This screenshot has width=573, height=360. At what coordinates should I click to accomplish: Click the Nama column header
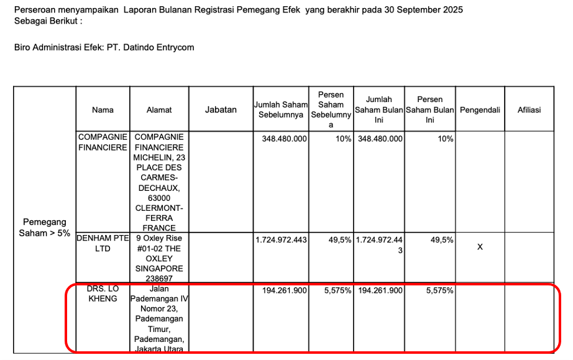click(x=103, y=109)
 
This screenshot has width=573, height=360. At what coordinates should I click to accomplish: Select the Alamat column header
click(x=159, y=109)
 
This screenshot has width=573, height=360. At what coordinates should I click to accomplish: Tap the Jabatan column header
click(x=221, y=109)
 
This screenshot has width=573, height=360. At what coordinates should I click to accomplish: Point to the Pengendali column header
click(x=480, y=109)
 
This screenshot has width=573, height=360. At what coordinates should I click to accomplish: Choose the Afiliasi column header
click(x=529, y=109)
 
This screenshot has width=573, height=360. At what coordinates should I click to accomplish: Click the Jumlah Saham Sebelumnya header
click(x=281, y=109)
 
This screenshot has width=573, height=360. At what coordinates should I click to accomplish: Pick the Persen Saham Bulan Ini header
click(x=429, y=109)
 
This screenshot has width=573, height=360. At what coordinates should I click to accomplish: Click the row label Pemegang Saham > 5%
click(x=45, y=228)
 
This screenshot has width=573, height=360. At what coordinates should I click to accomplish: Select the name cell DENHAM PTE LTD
click(x=103, y=243)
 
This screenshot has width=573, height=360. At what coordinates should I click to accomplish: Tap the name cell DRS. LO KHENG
click(x=103, y=294)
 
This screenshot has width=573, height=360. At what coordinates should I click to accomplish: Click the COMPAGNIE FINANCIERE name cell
click(x=103, y=142)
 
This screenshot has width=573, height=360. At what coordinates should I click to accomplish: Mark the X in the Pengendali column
click(x=480, y=247)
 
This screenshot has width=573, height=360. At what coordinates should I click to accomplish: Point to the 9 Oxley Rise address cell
click(x=158, y=258)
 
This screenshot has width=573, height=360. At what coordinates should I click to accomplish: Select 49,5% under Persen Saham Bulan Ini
click(x=442, y=239)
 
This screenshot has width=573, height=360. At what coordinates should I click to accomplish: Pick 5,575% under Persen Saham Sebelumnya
click(x=337, y=290)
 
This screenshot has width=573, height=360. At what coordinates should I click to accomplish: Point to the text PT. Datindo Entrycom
click(x=152, y=47)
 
